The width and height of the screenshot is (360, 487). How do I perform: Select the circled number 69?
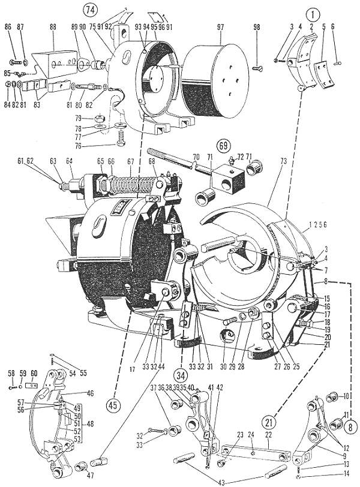pos(224,146)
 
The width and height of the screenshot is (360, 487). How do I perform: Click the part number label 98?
pos(257,27)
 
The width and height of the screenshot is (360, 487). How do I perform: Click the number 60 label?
pos(34,373)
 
